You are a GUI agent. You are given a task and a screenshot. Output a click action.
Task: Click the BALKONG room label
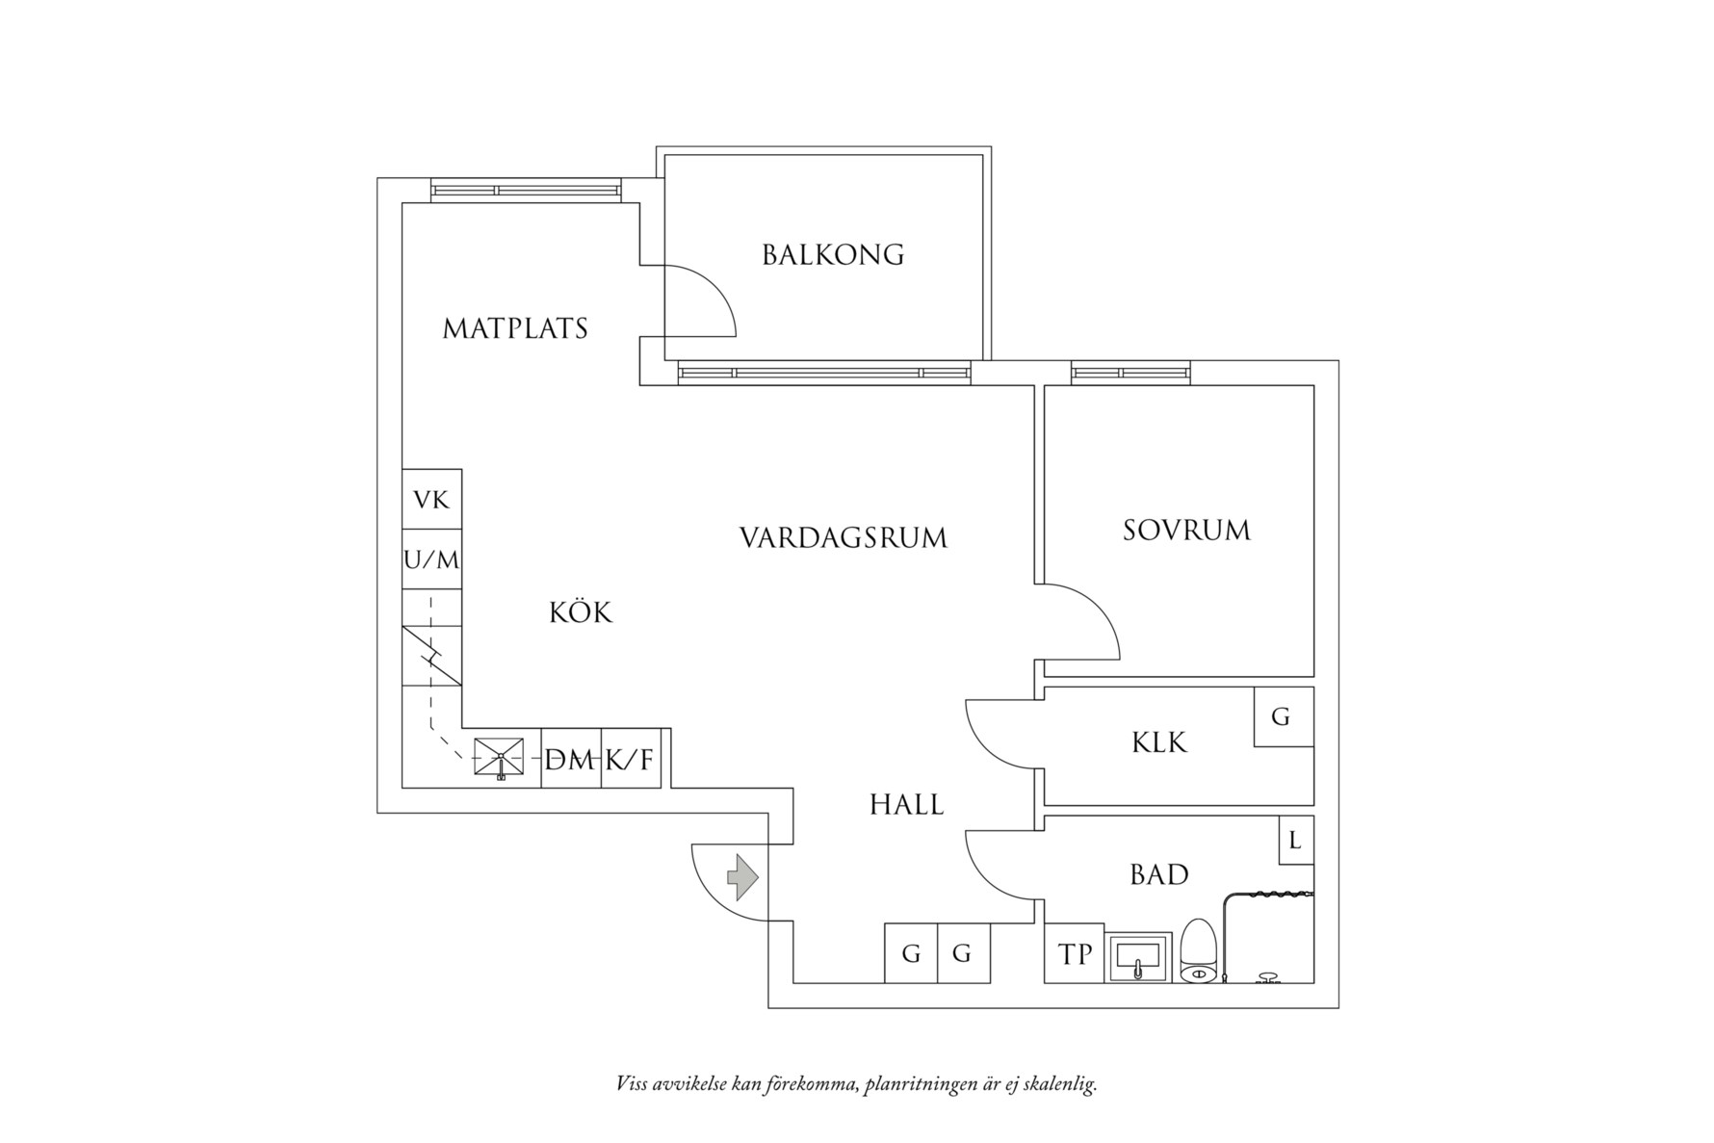[833, 255]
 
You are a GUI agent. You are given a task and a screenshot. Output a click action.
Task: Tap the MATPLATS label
[515, 329]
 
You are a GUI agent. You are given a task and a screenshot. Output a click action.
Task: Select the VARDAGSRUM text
[844, 537]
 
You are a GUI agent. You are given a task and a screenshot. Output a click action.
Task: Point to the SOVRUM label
[1186, 531]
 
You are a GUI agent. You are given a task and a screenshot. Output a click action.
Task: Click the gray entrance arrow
[741, 877]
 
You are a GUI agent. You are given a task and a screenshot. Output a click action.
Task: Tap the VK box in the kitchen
[431, 500]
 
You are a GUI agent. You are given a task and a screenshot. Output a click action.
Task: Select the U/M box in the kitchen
[431, 559]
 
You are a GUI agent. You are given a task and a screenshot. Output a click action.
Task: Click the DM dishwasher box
[570, 761]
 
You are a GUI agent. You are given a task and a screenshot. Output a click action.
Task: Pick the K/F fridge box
[631, 761]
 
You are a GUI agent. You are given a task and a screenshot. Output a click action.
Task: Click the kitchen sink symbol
[500, 758]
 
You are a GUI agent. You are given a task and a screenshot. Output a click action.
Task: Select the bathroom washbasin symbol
[1139, 957]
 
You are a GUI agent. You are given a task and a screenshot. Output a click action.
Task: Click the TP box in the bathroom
[1075, 954]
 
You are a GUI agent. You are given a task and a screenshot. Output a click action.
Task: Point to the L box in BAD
[1295, 841]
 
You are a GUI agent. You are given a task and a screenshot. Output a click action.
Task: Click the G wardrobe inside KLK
[1282, 717]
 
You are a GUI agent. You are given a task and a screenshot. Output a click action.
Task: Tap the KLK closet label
[1159, 743]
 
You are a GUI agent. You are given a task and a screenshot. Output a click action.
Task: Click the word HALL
[906, 805]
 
